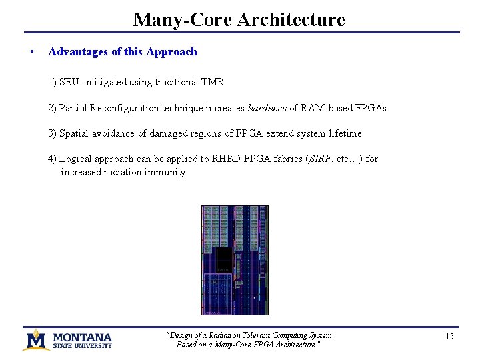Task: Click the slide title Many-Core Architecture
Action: (x=239, y=19)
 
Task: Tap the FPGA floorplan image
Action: (x=235, y=260)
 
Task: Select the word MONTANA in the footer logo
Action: (x=83, y=337)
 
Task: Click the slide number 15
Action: (x=449, y=337)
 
